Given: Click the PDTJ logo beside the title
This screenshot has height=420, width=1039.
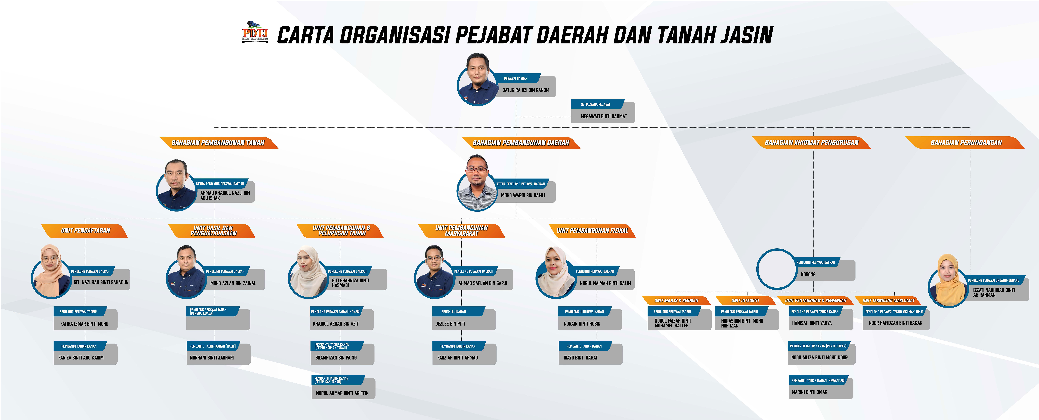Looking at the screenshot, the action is pos(255,32).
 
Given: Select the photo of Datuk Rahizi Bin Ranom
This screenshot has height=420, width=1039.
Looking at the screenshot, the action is pos(478,79).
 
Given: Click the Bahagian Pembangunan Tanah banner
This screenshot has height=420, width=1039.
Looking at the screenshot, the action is pos(219,143).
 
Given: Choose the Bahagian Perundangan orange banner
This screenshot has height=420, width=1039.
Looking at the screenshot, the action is pos(965,143).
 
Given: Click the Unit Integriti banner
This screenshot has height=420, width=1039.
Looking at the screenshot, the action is pos(745,300).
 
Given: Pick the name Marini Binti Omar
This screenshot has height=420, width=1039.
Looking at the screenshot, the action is pos(809,392).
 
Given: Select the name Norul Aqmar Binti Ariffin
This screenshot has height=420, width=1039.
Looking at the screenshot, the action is pos(342,393).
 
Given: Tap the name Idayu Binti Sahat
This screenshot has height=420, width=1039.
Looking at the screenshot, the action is pos(580,358).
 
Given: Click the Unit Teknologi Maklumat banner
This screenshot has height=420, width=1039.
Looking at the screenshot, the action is pos(888,300).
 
